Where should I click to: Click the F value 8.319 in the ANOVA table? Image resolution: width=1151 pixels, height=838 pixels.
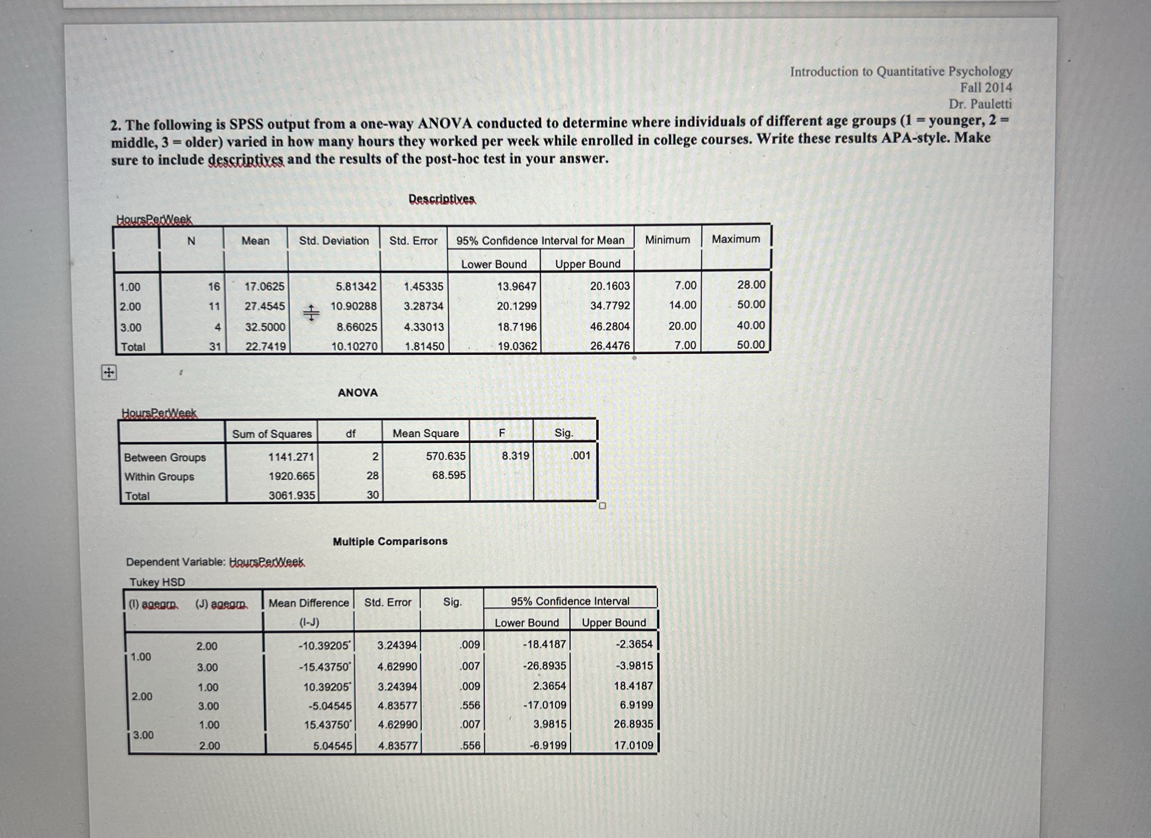click(x=515, y=456)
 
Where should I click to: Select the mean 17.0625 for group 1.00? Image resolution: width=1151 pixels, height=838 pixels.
click(x=264, y=287)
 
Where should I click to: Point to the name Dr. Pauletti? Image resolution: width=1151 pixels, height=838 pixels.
click(x=980, y=105)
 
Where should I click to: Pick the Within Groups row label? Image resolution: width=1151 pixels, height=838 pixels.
click(x=159, y=477)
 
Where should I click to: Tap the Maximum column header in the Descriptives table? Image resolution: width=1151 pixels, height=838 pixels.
click(x=735, y=239)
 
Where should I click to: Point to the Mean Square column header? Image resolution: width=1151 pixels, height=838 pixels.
click(x=425, y=433)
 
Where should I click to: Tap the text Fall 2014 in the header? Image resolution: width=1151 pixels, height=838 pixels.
click(x=986, y=88)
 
